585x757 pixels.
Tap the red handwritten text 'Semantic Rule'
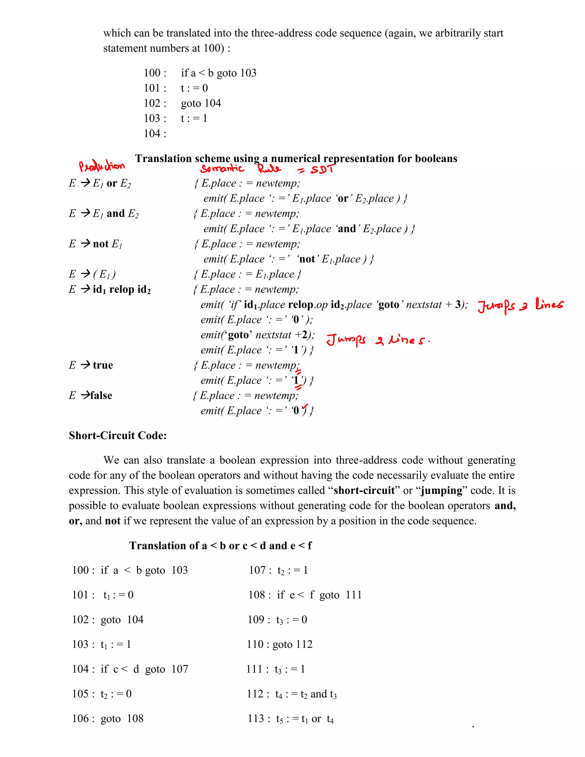coord(241,169)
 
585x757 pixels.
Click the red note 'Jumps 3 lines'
coord(520,305)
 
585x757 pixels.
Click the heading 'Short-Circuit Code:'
coord(117,435)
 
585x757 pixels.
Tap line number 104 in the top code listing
coord(155,133)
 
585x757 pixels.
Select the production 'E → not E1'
coord(96,244)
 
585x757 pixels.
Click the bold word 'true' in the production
coord(103,365)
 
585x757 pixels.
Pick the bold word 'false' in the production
coord(101,395)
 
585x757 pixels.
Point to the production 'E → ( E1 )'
coord(92,274)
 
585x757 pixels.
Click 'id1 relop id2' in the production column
coord(122,289)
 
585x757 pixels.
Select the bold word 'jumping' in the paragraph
coord(442,490)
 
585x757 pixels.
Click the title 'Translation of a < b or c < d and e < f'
coord(221,546)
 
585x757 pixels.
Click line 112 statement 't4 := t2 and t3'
coord(306,694)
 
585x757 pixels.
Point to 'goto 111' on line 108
coord(340,595)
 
